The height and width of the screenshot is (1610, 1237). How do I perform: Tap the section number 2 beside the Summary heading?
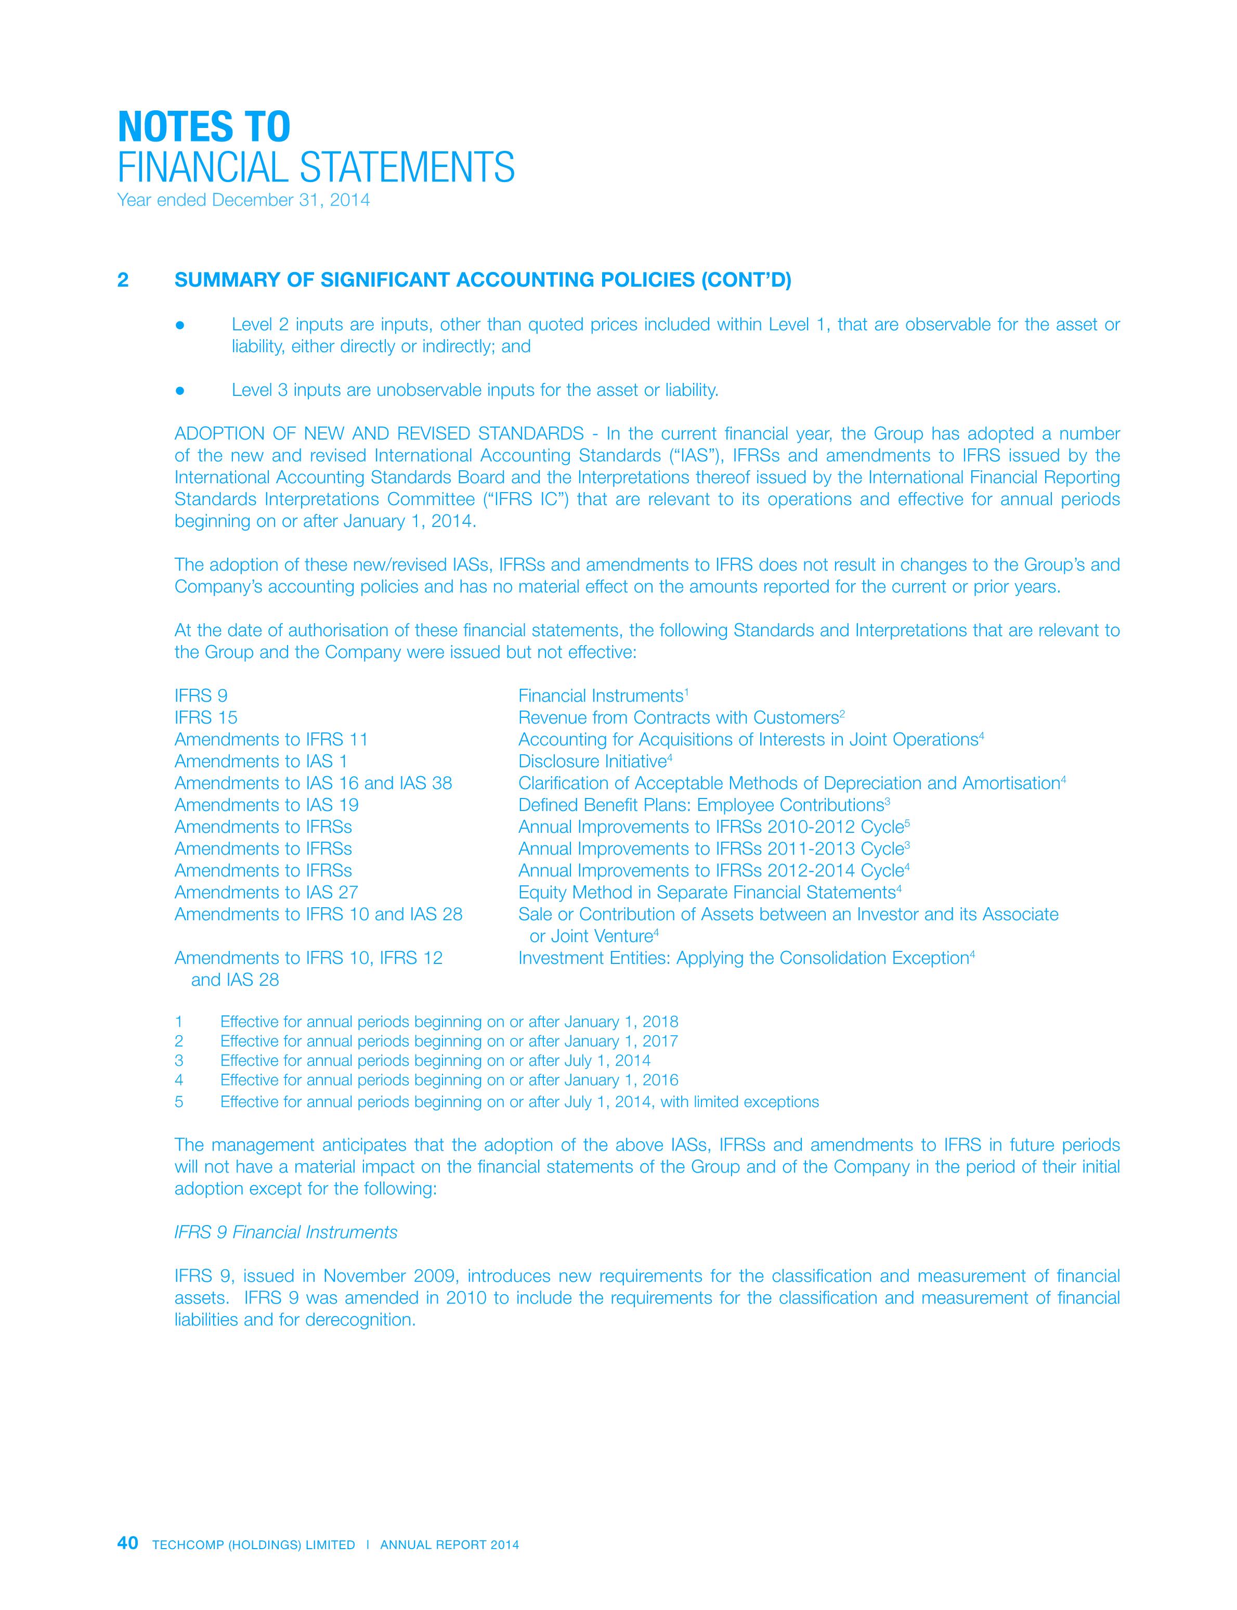pos(123,280)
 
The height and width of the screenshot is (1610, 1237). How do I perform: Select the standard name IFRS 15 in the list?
pos(205,717)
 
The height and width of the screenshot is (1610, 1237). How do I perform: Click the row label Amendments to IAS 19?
pos(267,805)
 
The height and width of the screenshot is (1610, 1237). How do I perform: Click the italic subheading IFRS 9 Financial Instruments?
pos(285,1231)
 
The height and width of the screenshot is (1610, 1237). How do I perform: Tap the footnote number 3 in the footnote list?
pos(179,1061)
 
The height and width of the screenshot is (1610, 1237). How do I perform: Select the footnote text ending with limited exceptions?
pos(519,1102)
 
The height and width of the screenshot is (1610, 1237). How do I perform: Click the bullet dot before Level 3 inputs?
pos(179,390)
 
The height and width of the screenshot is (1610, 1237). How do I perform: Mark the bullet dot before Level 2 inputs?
pos(179,325)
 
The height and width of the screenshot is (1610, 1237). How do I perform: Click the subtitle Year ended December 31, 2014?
pos(243,200)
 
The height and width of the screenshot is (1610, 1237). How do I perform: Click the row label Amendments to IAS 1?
pos(261,762)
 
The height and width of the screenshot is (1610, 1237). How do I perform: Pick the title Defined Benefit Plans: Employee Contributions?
pos(700,805)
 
